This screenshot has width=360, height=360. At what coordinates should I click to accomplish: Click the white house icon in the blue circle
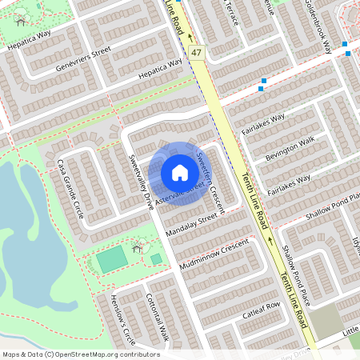179,172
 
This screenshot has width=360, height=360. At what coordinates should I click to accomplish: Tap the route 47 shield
197,52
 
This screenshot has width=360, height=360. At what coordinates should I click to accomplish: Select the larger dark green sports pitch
113,258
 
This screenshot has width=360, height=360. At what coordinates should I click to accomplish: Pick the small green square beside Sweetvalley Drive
155,259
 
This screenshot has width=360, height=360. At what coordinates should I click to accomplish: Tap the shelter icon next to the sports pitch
138,246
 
